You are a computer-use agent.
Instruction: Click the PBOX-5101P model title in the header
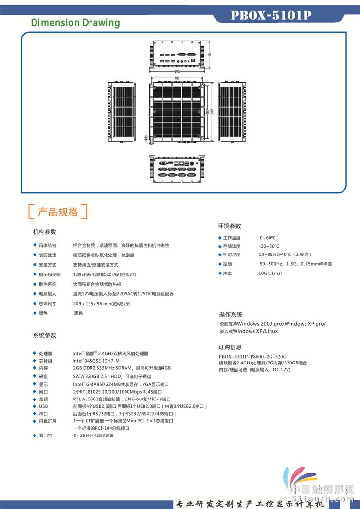[270, 16]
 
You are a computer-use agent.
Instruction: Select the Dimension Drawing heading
[75, 23]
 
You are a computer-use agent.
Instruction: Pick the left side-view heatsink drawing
[120, 111]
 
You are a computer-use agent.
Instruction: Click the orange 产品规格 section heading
[58, 212]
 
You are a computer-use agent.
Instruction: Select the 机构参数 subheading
[45, 231]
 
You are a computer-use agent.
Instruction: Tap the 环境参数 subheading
[230, 226]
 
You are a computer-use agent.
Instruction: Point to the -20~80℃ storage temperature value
[269, 246]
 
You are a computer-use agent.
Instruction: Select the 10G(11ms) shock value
[270, 273]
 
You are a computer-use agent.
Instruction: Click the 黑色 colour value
[78, 313]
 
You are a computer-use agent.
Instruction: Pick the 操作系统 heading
[231, 314]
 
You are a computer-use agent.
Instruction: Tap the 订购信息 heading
[230, 347]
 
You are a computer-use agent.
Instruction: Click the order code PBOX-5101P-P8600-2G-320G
[252, 356]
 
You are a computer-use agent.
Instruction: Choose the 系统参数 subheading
[45, 335]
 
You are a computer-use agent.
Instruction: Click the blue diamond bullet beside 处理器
[34, 353]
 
